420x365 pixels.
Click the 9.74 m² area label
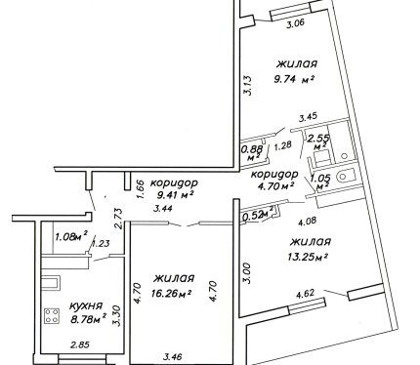click(294, 79)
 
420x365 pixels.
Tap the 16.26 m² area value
click(171, 294)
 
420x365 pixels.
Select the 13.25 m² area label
click(308, 258)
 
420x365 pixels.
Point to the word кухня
click(86, 306)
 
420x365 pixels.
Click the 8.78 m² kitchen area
click(89, 320)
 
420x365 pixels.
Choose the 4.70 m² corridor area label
click(276, 186)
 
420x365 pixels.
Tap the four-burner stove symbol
click(52, 316)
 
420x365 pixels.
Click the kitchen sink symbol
click(50, 282)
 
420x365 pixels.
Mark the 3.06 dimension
click(295, 23)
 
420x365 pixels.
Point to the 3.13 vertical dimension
click(248, 85)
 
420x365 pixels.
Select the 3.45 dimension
click(308, 117)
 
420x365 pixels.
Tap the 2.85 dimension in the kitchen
click(80, 345)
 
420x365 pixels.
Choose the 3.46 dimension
click(172, 357)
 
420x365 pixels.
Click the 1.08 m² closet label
click(71, 236)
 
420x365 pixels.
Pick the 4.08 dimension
click(308, 222)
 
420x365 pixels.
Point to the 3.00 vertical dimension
click(248, 273)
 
